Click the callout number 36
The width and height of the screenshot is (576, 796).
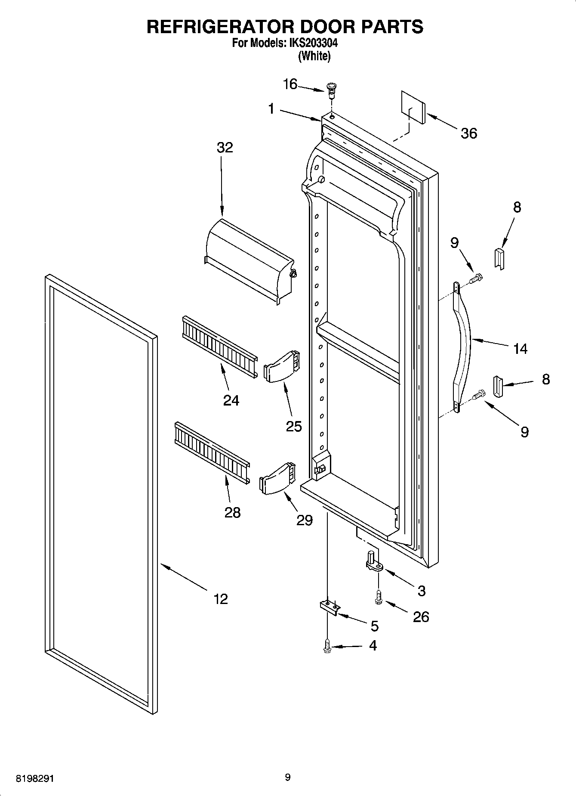coord(468,133)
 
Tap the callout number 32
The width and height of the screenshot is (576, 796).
coord(225,148)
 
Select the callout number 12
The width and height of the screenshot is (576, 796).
coord(221,599)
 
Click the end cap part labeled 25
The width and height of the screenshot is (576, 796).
coord(281,365)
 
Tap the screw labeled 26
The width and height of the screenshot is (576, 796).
coord(379,598)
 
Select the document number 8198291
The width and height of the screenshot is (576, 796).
coord(35,779)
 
